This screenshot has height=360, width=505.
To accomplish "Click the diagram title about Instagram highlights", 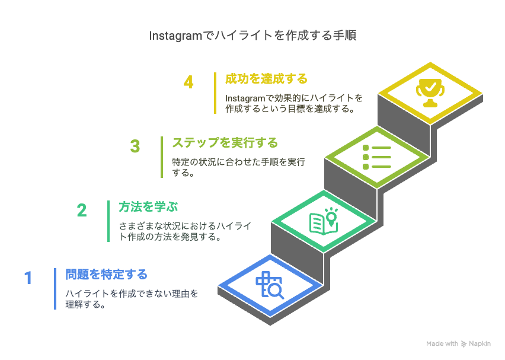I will click(x=252, y=36).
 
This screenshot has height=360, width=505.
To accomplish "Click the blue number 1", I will click(x=28, y=278).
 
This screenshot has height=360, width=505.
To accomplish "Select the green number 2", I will click(x=82, y=211).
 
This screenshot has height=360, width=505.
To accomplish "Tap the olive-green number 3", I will click(x=135, y=146).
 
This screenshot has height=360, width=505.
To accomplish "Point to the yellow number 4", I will click(x=188, y=82).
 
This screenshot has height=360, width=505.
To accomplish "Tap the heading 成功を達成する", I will click(x=266, y=79).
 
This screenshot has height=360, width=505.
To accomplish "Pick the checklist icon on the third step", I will click(x=376, y=157).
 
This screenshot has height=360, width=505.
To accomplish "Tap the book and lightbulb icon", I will click(x=323, y=221).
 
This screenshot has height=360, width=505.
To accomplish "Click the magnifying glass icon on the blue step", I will click(x=270, y=285).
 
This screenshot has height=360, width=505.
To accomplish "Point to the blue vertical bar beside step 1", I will click(x=55, y=288).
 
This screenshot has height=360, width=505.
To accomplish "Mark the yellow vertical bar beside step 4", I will click(x=215, y=93).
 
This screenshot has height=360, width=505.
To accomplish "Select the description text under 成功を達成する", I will click(x=293, y=103).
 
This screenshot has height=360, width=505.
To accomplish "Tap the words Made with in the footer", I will click(x=442, y=344).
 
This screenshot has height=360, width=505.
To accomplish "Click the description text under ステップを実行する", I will click(x=238, y=167).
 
